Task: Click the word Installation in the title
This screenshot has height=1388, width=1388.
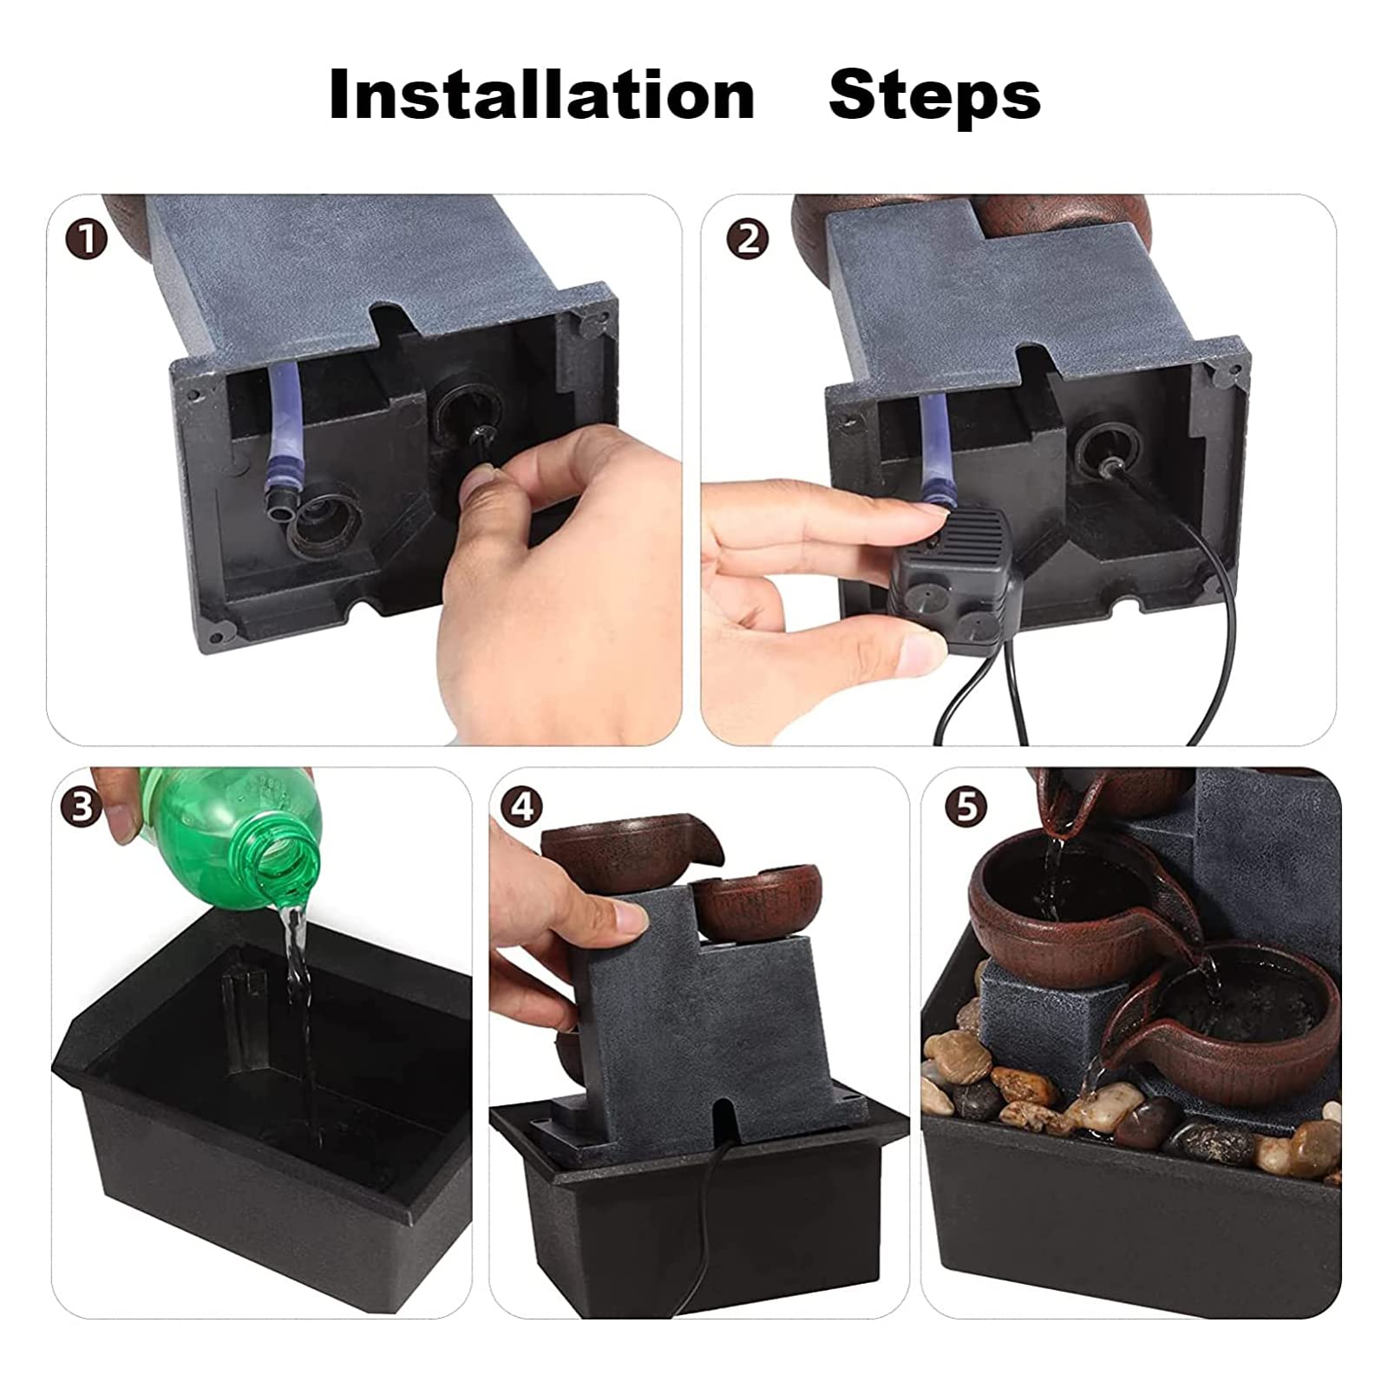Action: [x=541, y=95]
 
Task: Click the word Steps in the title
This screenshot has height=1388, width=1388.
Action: [x=934, y=95]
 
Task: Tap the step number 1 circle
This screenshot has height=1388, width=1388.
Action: [x=87, y=239]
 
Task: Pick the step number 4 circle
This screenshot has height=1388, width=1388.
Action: [x=521, y=806]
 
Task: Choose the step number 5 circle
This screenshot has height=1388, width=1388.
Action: [x=966, y=806]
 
